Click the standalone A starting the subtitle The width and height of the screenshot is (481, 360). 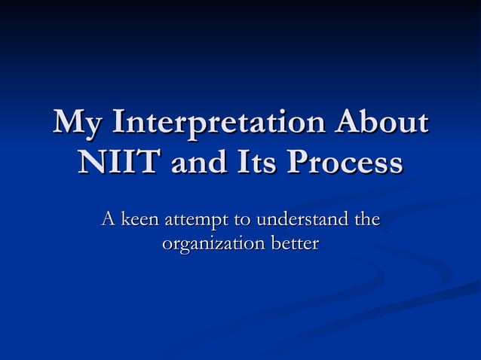[109, 221]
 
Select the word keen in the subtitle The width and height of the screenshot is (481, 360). [140, 221]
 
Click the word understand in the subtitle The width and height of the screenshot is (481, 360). [303, 221]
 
